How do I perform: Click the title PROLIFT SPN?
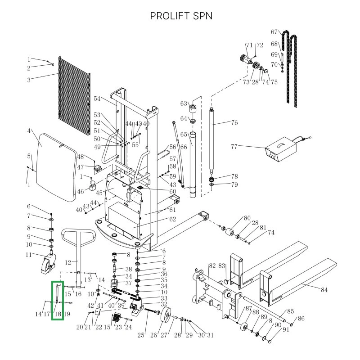(x=181, y=16)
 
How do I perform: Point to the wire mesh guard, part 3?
(x=74, y=99)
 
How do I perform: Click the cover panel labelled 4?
(x=56, y=166)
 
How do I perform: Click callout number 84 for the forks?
(x=324, y=290)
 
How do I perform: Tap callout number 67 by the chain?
(x=274, y=32)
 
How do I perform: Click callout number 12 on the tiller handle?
(x=68, y=263)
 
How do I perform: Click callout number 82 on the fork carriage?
(x=212, y=266)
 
